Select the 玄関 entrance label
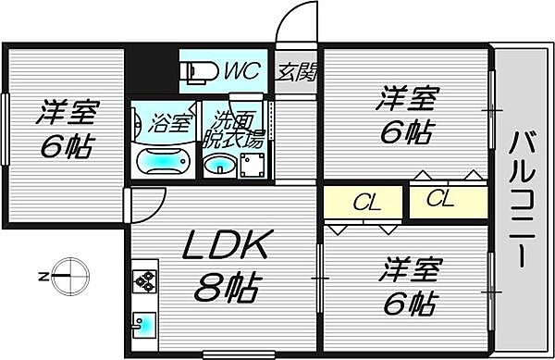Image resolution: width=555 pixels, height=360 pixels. [296, 72]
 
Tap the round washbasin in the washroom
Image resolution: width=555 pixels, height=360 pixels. [219, 165]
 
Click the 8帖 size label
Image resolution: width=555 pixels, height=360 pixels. [226, 287]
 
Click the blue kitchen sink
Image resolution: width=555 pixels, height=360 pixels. [144, 325]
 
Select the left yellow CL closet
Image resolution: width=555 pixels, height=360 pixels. [363, 202]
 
